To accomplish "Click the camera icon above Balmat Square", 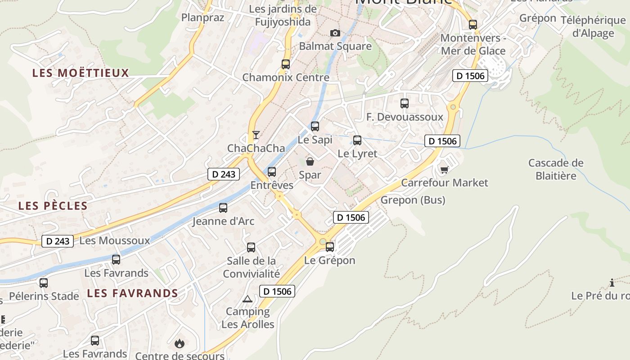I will point(335,33).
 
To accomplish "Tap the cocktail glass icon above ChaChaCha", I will point(256,135).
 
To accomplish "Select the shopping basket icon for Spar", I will point(310,161).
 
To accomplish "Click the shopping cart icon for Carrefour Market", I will point(444,169).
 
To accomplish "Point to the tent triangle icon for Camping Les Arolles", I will point(247,299).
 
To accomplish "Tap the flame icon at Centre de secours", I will point(180,344).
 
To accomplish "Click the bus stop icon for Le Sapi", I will point(315,126).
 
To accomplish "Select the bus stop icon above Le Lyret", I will point(357,140).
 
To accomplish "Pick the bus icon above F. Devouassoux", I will point(405,103).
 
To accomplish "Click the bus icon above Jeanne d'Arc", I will point(223,208).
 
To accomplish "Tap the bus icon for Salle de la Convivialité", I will point(251,247).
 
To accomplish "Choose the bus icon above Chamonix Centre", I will point(286,64).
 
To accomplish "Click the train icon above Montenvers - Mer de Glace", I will point(473,25).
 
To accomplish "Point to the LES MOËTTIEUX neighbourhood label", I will point(81,73).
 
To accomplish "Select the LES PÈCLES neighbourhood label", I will point(53,206).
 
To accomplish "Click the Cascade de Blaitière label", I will point(556,169).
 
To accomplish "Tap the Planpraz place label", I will point(202,18).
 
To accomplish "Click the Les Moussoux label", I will point(114,241).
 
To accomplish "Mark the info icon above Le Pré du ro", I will point(612,283).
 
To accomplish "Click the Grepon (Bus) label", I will point(413,200).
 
